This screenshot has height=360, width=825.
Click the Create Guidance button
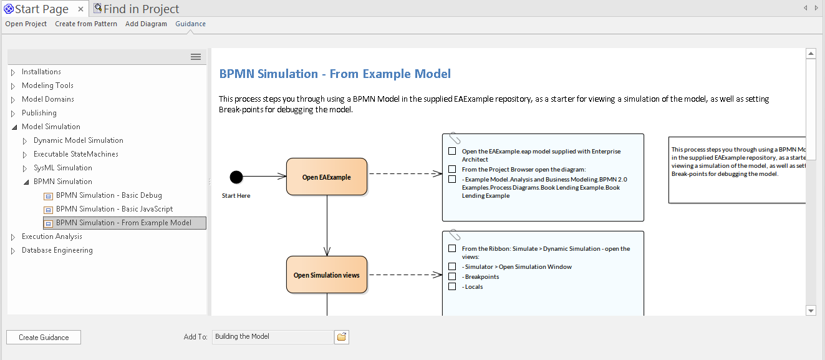coord(44,338)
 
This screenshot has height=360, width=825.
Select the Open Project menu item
coord(26,24)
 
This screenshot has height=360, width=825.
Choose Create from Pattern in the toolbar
coord(86,24)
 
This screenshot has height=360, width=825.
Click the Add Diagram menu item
coord(146,24)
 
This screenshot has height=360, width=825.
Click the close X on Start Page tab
coord(81,9)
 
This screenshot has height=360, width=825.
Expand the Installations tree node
coord(13,72)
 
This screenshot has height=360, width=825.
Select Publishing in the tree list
coord(39,113)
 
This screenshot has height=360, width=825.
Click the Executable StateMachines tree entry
coord(75,154)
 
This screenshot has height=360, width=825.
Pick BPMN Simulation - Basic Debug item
coord(109,195)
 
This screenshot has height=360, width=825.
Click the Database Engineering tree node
coord(57,250)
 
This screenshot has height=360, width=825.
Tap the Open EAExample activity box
coord(326,177)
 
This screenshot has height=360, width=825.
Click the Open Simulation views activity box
coord(326,275)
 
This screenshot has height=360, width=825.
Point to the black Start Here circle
coord(236,177)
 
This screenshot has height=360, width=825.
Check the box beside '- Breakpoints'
coord(452,276)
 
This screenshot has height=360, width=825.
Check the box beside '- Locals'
coord(452,286)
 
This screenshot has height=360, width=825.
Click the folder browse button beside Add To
coord(342,337)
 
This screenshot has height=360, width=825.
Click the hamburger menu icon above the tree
coord(196,57)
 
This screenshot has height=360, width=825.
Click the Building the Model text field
coord(272,337)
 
